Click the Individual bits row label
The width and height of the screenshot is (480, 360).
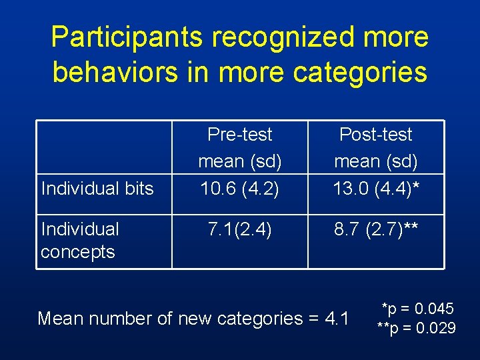97,189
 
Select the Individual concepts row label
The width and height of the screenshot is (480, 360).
79,241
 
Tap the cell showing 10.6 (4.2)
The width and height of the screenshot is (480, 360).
240,189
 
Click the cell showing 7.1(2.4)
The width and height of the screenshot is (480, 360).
240,230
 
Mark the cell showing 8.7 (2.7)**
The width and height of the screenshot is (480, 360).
376,230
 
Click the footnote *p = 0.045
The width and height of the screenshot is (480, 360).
417,309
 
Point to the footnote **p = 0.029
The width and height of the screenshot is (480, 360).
416,327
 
